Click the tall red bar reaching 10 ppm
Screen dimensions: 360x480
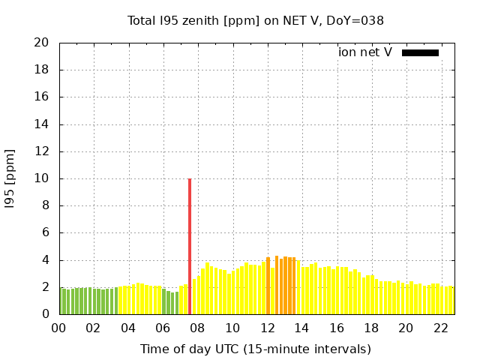click(x=190, y=246)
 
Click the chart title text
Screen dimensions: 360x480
click(x=256, y=21)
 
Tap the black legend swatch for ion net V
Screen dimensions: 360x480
click(x=420, y=52)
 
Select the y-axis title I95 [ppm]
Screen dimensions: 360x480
click(x=10, y=178)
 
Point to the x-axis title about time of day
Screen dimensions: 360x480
click(x=256, y=349)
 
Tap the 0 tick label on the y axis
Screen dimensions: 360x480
click(x=46, y=314)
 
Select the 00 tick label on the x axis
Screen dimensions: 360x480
click(x=59, y=328)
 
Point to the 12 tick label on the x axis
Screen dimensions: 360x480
click(x=268, y=328)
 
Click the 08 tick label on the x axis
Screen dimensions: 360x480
click(x=198, y=328)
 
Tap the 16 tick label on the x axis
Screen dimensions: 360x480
click(x=337, y=328)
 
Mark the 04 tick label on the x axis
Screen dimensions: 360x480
click(x=129, y=328)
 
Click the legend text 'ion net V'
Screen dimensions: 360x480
click(x=365, y=52)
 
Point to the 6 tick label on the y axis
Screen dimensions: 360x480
click(x=46, y=232)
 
